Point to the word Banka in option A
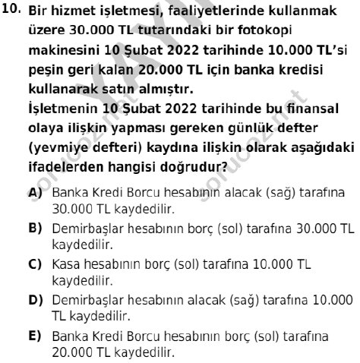pyautogui.click(x=66, y=173)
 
